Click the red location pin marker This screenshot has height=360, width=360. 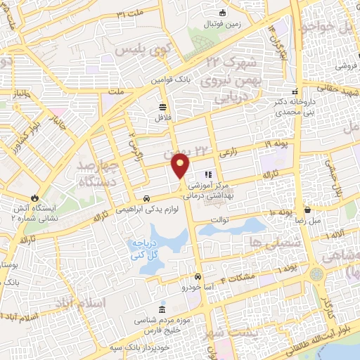[x=181, y=166]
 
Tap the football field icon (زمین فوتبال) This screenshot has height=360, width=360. [x=224, y=12]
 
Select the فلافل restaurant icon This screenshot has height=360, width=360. [x=163, y=107]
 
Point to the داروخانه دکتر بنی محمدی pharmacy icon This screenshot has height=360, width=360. [x=296, y=91]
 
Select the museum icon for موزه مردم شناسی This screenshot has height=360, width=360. [x=163, y=310]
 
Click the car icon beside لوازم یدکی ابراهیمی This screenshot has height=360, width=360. [x=146, y=198]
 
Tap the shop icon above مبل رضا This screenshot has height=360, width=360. [x=308, y=209]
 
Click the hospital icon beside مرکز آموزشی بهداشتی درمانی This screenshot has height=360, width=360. [x=207, y=174]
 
